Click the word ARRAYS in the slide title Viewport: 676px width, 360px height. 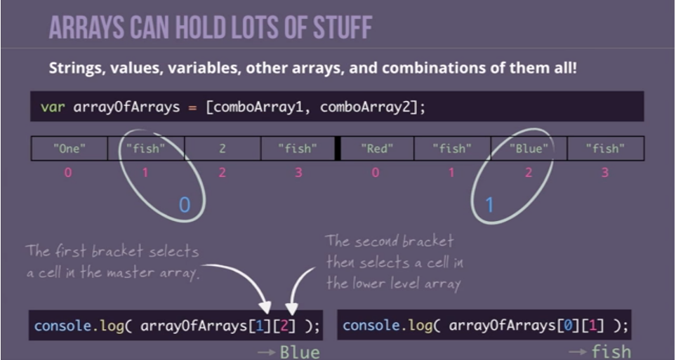click(x=87, y=27)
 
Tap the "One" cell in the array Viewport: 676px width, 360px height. click(x=69, y=148)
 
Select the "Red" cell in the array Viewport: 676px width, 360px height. click(x=377, y=148)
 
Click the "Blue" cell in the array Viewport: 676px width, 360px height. click(x=529, y=148)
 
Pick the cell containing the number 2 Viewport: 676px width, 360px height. click(x=223, y=148)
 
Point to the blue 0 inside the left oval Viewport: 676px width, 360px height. click(x=185, y=205)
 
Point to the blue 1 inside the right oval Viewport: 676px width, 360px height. click(x=489, y=205)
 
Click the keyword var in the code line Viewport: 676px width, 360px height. click(x=53, y=107)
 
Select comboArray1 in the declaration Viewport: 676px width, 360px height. click(x=258, y=107)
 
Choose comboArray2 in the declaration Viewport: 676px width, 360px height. click(x=366, y=107)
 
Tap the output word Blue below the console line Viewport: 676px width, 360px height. click(x=300, y=352)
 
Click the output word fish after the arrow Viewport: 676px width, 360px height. click(x=611, y=352)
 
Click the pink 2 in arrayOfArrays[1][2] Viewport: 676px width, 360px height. click(x=284, y=326)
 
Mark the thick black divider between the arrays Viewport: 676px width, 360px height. click(x=338, y=148)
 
